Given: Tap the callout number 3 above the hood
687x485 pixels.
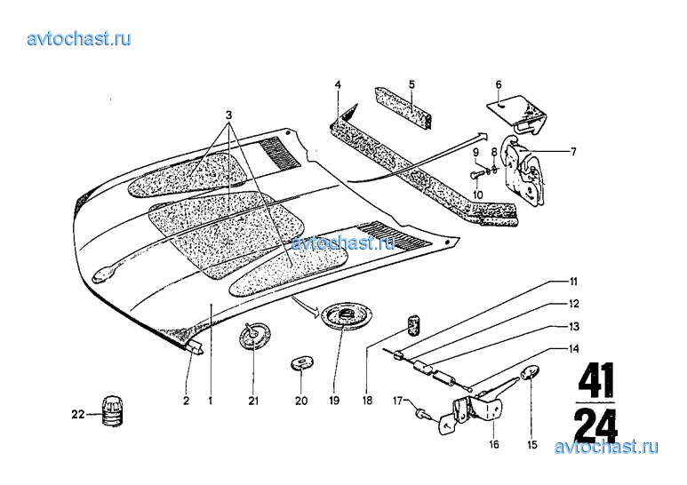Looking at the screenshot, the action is click(228, 115).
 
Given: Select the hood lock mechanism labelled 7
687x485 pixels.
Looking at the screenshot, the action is click(524, 171).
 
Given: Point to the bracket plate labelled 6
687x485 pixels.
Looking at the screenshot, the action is click(519, 113).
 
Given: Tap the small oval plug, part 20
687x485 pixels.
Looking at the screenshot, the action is click(301, 362).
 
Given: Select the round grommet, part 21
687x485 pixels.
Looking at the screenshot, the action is click(255, 336).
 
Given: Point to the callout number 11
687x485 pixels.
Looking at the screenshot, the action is click(573, 282).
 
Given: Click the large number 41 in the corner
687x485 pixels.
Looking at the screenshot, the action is click(595, 379).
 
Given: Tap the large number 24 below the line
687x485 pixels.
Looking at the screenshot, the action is click(595, 425).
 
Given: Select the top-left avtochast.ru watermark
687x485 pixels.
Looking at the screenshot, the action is click(79, 39).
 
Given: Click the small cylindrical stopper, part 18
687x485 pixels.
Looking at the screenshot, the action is click(414, 325).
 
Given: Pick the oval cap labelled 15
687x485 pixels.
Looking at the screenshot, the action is click(531, 373).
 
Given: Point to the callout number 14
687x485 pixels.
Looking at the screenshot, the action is click(573, 349).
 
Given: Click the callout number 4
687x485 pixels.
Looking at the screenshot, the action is click(338, 84).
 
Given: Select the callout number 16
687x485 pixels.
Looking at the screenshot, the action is click(494, 445).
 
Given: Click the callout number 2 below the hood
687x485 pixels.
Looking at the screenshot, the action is click(187, 401).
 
